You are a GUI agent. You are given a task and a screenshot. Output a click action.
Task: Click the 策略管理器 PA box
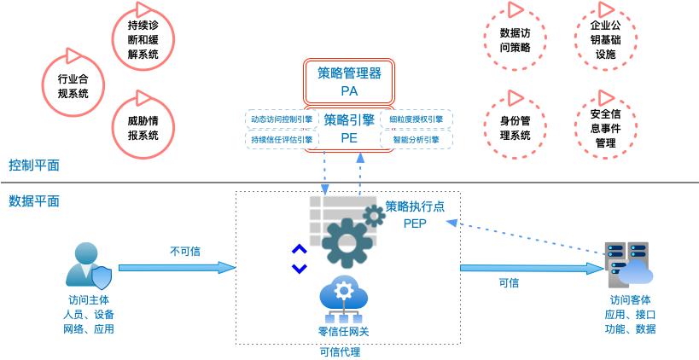point(349,81)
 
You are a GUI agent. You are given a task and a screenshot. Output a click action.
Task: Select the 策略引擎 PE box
point(349,128)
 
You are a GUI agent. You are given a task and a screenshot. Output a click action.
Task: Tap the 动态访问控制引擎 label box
point(280,119)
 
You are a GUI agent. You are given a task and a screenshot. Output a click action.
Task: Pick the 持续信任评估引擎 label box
point(280,139)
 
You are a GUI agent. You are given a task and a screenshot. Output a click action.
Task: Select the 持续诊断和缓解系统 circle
point(143,40)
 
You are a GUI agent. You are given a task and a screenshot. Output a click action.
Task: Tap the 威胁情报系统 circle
point(143,127)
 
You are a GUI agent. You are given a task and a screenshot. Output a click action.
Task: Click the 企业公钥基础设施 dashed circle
point(606,39)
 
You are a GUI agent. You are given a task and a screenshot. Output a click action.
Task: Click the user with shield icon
point(89,265)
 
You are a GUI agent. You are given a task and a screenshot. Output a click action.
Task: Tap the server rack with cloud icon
point(627,265)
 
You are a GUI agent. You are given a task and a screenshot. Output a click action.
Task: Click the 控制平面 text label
point(34,165)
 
